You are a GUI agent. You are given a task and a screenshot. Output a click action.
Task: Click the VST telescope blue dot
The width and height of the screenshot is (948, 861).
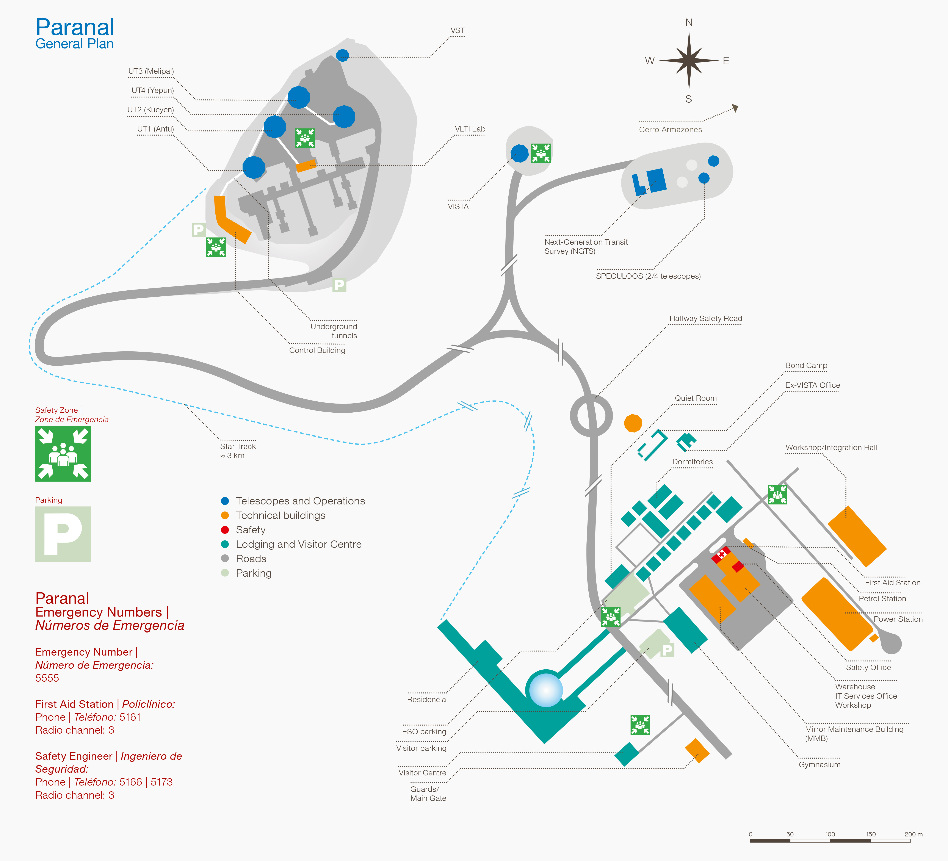point(342,55)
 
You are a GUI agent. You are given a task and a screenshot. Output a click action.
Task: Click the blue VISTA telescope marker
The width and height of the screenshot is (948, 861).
point(520,153)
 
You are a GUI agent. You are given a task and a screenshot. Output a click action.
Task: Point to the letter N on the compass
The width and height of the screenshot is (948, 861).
point(689,23)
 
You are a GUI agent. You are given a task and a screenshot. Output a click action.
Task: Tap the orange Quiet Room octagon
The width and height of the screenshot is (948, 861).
point(633,423)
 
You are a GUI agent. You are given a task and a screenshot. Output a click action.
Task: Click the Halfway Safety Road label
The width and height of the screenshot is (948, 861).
point(705,318)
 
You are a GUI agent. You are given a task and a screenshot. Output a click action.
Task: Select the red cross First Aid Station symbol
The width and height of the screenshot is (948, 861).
point(721,555)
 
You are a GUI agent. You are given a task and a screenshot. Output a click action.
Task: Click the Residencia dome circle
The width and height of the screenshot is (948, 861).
point(546,690)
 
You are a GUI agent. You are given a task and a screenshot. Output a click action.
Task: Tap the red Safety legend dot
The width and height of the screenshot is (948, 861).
point(225,530)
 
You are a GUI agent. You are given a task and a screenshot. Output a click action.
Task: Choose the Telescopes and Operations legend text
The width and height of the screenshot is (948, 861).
point(300,501)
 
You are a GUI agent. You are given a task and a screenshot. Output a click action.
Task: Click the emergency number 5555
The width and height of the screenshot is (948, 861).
point(47,678)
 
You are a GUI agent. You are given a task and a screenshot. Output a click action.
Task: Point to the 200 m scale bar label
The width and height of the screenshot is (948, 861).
point(913,834)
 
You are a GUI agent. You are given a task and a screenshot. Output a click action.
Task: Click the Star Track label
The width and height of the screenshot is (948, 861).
point(238,446)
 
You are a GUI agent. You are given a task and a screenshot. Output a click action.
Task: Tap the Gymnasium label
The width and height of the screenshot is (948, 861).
point(819,765)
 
